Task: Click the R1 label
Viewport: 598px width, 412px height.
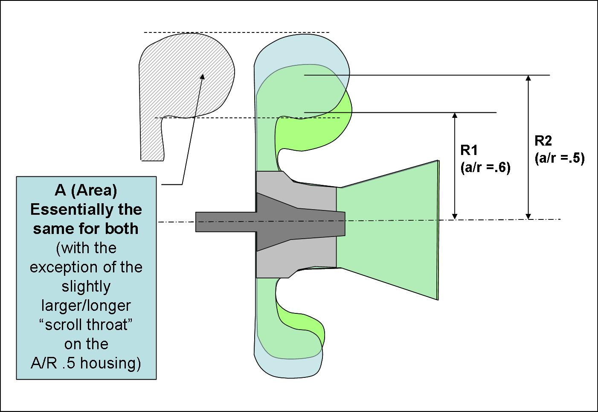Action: [469, 150]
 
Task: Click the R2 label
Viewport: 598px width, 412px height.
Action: [543, 140]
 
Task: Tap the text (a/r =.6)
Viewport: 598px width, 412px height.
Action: [485, 168]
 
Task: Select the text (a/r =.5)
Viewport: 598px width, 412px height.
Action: [559, 158]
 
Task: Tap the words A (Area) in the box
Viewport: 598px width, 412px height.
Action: [86, 190]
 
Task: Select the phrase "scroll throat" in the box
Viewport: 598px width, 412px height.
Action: [86, 325]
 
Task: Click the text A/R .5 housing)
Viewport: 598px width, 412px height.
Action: [86, 363]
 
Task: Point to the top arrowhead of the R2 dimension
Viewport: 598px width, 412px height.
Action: [529, 78]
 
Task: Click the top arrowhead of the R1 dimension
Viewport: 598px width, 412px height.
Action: [455, 116]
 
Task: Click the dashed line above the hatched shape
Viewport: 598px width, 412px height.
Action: [237, 32]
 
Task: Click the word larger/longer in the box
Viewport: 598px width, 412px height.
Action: [86, 306]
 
